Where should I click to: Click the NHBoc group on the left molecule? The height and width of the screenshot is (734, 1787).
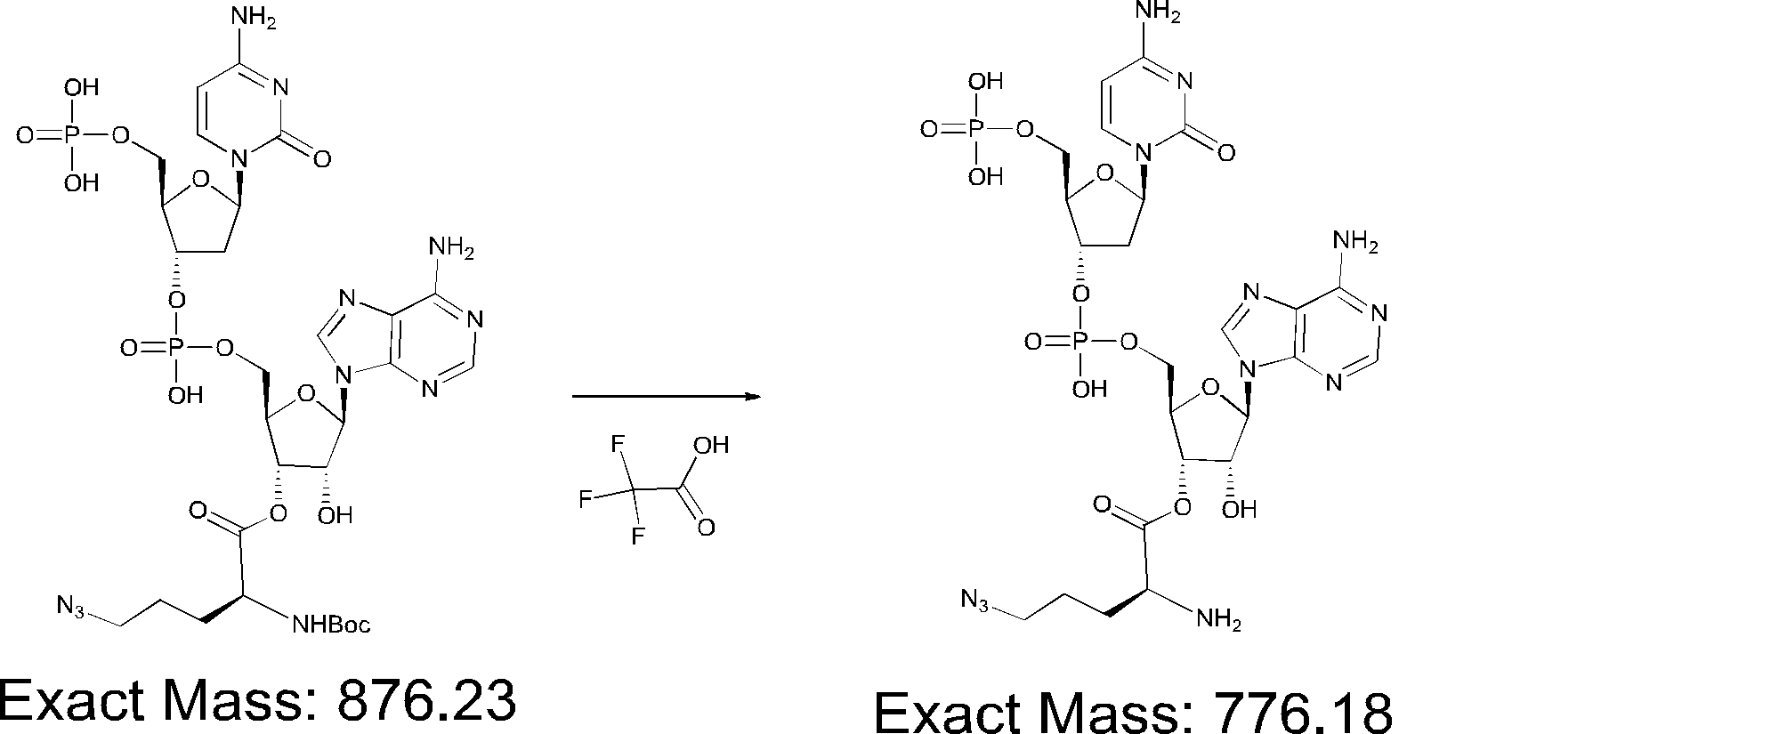tap(330, 625)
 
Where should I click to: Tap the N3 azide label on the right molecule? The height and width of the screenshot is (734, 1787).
tap(975, 601)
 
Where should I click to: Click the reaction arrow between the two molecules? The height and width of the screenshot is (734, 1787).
tap(666, 397)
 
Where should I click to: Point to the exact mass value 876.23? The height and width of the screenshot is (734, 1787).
tap(425, 700)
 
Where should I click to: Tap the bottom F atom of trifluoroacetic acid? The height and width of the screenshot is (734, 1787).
tap(638, 536)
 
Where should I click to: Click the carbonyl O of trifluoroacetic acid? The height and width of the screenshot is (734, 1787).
tap(706, 528)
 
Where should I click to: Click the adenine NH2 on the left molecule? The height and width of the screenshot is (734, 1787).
tap(452, 248)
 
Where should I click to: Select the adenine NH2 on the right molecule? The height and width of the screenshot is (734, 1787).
tap(1355, 243)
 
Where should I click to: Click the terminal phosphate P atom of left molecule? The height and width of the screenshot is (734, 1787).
tap(72, 136)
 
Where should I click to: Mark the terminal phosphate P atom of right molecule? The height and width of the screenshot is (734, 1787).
tap(976, 130)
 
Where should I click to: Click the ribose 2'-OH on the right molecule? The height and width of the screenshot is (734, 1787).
tap(1239, 509)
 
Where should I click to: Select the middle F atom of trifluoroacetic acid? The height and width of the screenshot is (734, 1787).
tap(586, 498)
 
